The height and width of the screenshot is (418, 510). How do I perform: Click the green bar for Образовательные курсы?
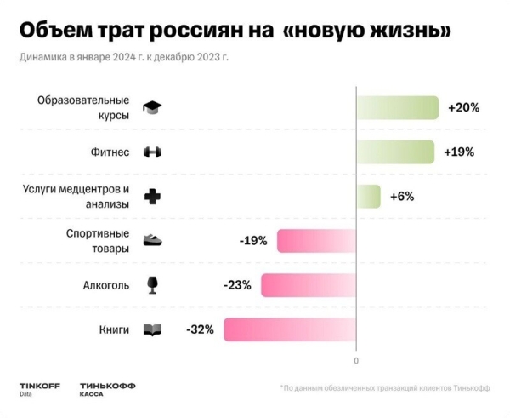coord(397,108)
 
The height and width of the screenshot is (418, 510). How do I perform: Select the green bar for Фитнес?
coord(395,152)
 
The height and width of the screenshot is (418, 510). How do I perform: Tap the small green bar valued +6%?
coord(368,197)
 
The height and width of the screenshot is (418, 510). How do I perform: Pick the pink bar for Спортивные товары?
coord(316,241)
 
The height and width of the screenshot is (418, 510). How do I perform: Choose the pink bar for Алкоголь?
coord(309,285)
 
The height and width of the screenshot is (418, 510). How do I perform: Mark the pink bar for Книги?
coord(290,329)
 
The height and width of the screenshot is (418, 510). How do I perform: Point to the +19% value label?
coord(459,152)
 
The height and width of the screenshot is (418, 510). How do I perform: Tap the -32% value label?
coord(200,329)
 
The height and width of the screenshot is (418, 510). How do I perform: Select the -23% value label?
coord(236,285)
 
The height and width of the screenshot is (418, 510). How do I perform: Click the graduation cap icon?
coord(153,108)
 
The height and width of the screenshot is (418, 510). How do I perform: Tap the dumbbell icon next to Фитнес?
coord(153,152)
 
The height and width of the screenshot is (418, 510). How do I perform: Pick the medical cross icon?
coord(153,197)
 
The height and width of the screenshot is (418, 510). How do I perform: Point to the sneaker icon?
coord(153,241)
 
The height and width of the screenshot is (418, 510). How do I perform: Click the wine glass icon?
coord(153,284)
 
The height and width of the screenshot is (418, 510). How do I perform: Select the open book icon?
coord(153,329)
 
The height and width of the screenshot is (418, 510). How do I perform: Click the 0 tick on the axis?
coord(356,360)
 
